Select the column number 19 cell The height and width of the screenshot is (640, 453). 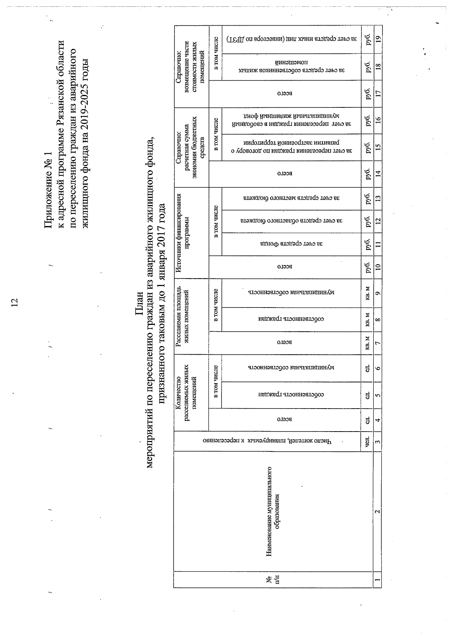pyautogui.click(x=378, y=38)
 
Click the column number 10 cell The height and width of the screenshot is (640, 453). pyautogui.click(x=378, y=267)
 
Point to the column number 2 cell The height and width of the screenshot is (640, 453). pyautogui.click(x=378, y=511)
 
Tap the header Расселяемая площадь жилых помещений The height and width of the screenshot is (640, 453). pyautogui.click(x=184, y=317)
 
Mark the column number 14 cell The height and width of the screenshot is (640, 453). pyautogui.click(x=378, y=174)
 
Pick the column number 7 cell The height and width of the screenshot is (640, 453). pyautogui.click(x=378, y=343)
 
